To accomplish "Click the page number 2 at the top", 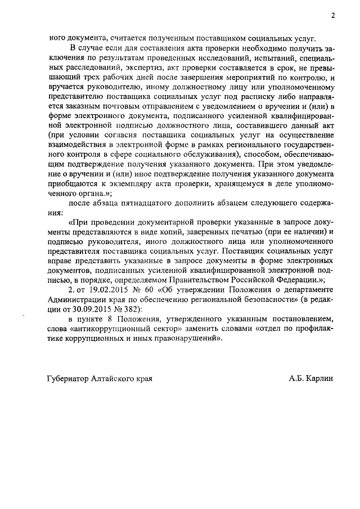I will click(333, 16).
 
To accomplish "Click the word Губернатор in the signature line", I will click(69, 379).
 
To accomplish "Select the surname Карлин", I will click(319, 379).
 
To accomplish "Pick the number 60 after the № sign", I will click(147, 289).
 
